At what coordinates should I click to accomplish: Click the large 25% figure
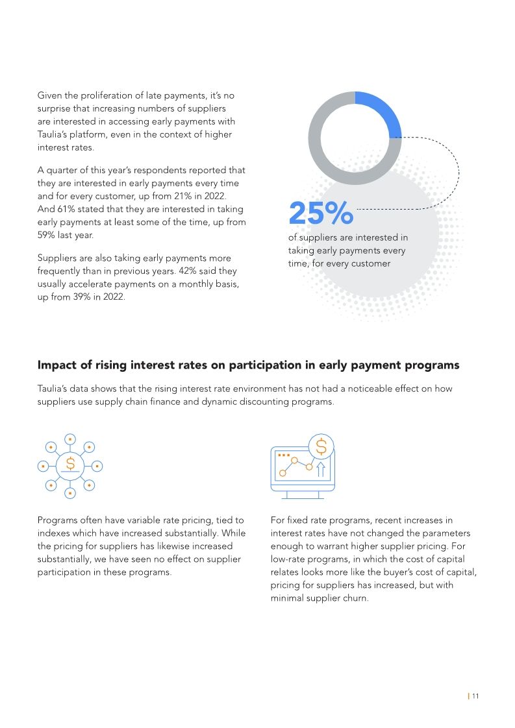(321, 213)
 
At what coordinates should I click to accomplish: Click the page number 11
(475, 696)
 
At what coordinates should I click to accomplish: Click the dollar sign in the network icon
(70, 465)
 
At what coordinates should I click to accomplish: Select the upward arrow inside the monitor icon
(320, 468)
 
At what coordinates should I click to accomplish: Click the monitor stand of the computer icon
(303, 494)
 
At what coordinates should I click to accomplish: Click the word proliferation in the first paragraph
(100, 95)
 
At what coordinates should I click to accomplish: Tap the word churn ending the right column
(355, 598)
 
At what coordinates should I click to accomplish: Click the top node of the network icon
(70, 438)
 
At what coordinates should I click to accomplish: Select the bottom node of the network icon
(70, 492)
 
